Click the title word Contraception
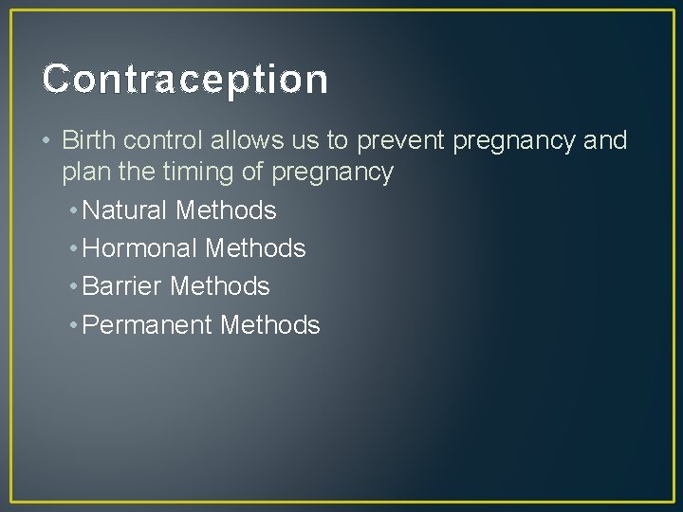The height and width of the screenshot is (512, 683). click(x=185, y=80)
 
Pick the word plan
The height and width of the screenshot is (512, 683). click(x=83, y=173)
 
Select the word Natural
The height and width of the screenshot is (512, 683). click(x=126, y=210)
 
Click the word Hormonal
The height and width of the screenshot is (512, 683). click(x=141, y=248)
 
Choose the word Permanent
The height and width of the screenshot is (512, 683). click(x=148, y=325)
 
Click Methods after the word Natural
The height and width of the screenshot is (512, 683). click(x=226, y=210)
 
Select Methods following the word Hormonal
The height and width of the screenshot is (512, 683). click(x=255, y=248)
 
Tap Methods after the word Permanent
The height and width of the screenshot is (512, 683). click(x=269, y=325)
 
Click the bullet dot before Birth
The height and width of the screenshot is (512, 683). click(x=46, y=142)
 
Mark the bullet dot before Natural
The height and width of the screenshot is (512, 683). click(x=73, y=210)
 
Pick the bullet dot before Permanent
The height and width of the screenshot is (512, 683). click(x=73, y=326)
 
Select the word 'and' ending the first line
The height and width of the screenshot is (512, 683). click(x=608, y=141)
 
